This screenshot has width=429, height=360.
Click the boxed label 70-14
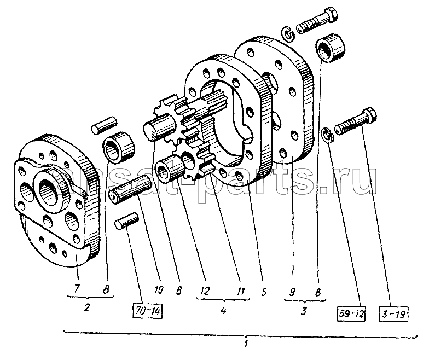(148, 312)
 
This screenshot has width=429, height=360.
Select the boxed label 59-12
(351, 314)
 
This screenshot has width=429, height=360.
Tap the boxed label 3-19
(393, 315)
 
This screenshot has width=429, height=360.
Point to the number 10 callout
(159, 289)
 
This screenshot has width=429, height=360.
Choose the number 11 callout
(241, 291)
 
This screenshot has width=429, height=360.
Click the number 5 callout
(263, 292)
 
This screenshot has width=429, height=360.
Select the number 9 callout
(292, 292)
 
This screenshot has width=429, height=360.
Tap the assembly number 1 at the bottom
(246, 344)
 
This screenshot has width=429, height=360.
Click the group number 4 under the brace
(223, 310)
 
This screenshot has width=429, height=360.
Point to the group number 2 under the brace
(86, 307)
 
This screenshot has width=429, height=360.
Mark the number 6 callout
(178, 290)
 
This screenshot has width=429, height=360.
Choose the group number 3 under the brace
(304, 311)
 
